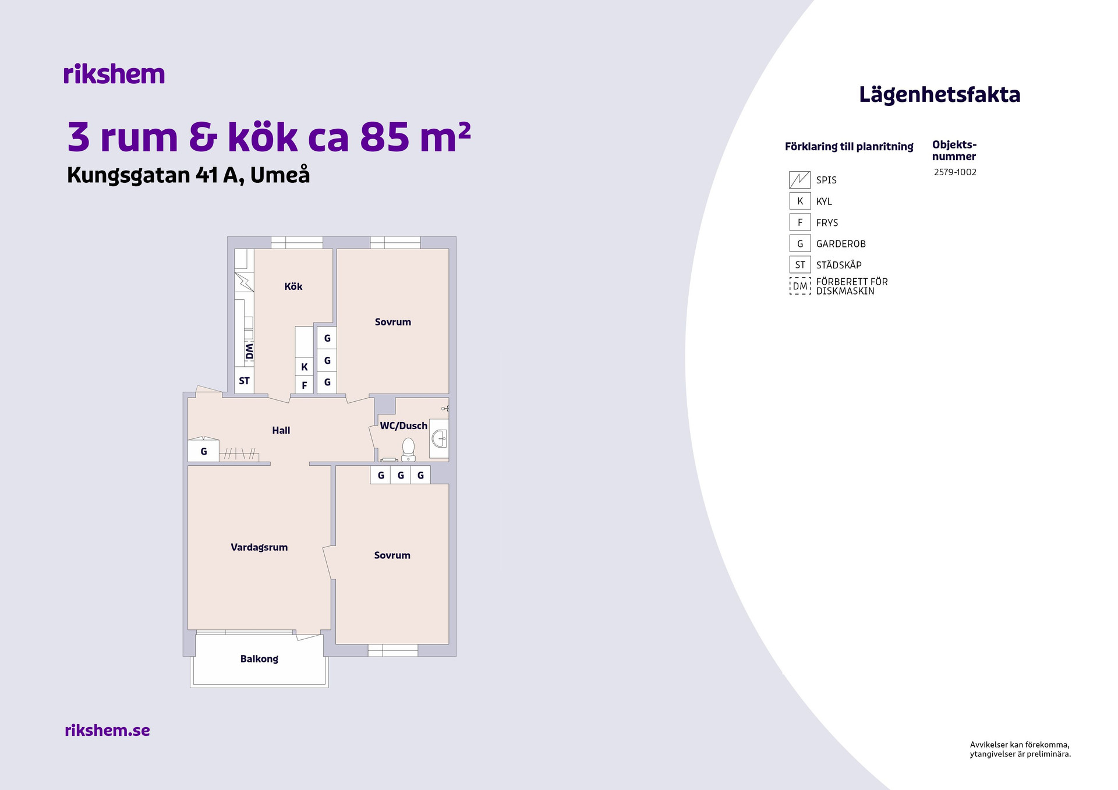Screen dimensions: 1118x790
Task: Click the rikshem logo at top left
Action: coord(114,74)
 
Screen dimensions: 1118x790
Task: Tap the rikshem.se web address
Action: coord(108,730)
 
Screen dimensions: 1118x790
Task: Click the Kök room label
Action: coord(293,286)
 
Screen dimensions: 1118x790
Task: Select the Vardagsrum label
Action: coord(259,547)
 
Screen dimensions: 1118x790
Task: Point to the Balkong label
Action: coord(259,659)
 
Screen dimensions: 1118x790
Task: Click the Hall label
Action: coord(281,430)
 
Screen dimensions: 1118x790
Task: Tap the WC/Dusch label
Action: coord(404,426)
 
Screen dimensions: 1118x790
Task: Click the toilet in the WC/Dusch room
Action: coord(408,449)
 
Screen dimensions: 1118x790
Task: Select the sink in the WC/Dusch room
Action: coord(439,438)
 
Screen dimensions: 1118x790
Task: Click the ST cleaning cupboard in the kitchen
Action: coord(245,381)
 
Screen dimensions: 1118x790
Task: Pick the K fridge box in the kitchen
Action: coord(304,367)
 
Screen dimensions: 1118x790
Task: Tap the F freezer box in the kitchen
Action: coord(304,385)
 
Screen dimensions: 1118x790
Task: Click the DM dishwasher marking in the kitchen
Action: coord(249,352)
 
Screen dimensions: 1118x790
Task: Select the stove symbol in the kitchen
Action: coord(245,282)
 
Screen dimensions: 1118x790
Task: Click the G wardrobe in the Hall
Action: coord(204,451)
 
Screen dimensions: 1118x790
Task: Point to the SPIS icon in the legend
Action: coord(799,180)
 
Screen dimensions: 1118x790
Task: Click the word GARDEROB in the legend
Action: coord(841,244)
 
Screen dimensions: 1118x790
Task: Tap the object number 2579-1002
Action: coord(955,172)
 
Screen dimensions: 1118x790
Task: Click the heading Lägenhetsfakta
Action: coord(940,95)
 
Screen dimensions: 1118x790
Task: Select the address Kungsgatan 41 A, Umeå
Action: coord(189,175)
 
